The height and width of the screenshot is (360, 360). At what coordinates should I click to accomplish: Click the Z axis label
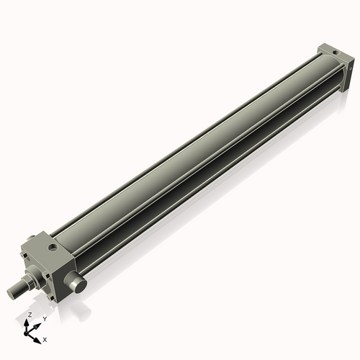click(29, 315)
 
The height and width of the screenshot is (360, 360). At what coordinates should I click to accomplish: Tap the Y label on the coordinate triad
click(45, 319)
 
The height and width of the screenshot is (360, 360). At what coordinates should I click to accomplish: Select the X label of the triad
click(45, 338)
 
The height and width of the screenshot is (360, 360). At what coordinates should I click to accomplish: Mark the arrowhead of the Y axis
click(39, 325)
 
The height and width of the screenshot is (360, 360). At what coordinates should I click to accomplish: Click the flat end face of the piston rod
click(12, 292)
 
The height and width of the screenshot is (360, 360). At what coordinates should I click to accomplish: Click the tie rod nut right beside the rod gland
click(48, 274)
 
